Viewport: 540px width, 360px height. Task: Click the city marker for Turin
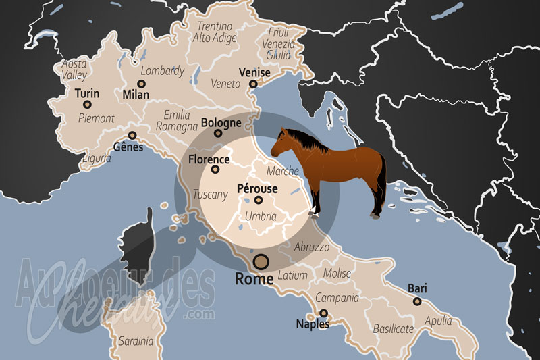pos(87,104)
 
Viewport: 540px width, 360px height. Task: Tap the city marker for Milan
pos(142,84)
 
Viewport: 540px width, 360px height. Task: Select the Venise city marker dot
pos(253,84)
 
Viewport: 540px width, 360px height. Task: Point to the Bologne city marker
pos(218,133)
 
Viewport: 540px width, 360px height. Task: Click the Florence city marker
pos(215,170)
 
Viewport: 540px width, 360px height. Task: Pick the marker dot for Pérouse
pos(258,199)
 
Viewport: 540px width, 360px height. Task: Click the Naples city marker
pos(324,313)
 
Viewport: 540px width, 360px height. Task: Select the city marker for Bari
pos(416,301)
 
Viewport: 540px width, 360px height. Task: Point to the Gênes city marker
pos(132,134)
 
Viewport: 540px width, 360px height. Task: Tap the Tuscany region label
pos(210,194)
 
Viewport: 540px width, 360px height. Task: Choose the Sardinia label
pos(136,342)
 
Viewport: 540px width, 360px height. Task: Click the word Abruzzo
pos(312,247)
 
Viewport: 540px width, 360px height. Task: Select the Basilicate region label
pos(394,329)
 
